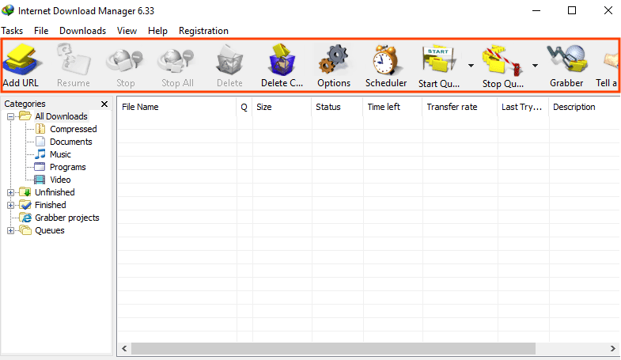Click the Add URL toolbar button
[21, 66]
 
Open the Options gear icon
[334, 60]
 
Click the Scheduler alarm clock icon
[385, 60]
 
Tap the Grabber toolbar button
[566, 66]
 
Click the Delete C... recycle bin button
[282, 66]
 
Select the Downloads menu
[83, 31]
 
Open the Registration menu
[203, 31]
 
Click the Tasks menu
[12, 31]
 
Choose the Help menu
[157, 31]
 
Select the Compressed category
[74, 129]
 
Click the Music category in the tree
[60, 154]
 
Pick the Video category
[60, 180]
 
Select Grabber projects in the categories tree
[67, 218]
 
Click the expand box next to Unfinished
[11, 192]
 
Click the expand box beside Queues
[11, 230]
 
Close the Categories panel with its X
[104, 104]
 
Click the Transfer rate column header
[452, 107]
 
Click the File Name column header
[140, 107]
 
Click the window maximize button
[572, 10]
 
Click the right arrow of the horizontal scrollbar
[612, 348]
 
